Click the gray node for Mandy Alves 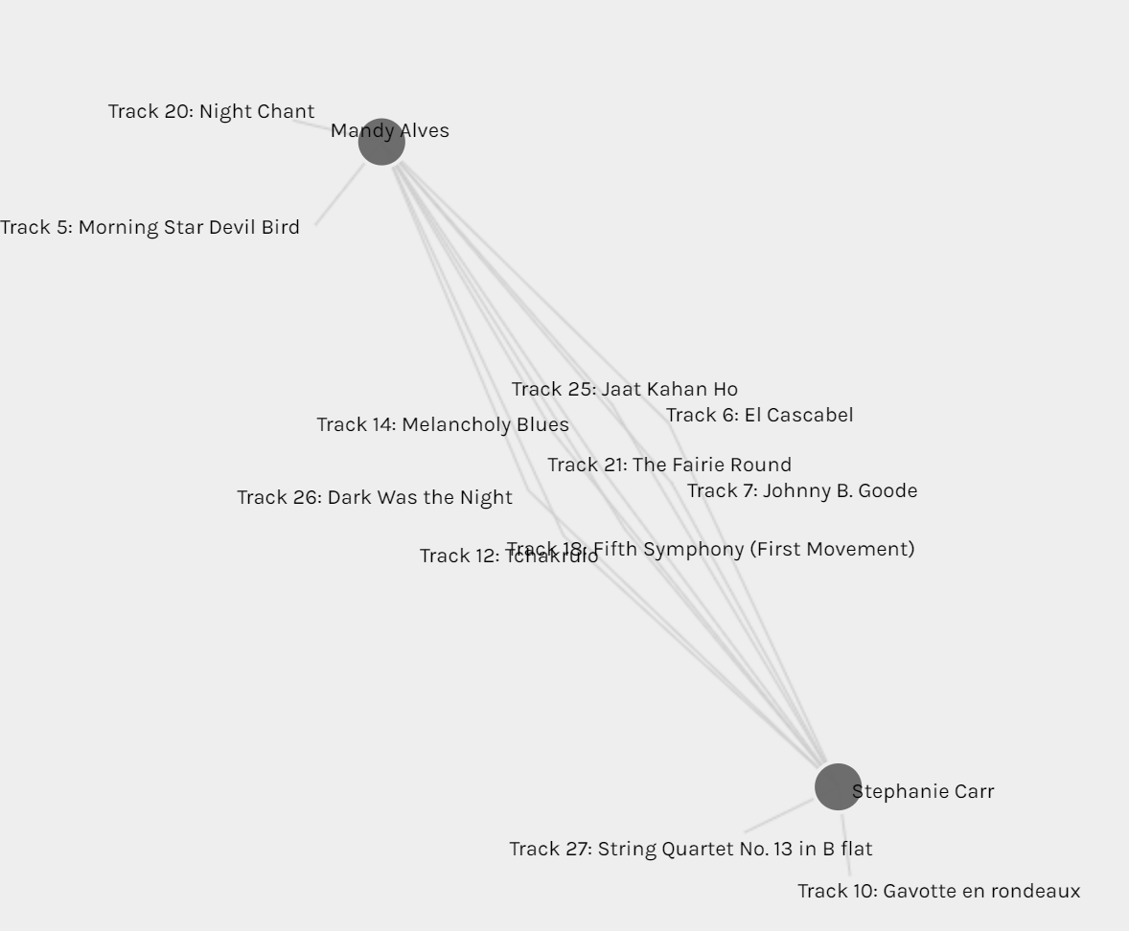coord(381,142)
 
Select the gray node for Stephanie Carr coord(838,786)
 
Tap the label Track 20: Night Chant coord(211,111)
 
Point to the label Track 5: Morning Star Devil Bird coord(150,227)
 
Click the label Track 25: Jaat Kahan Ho coord(624,389)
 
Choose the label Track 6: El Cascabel coord(759,415)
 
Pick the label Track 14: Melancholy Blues coord(443,424)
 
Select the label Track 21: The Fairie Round coord(669,465)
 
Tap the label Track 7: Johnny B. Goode coord(801,490)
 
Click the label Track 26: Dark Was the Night coord(374,497)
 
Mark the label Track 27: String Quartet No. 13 coord(690,849)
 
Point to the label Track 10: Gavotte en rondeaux coord(938,891)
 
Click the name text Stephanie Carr coord(924,791)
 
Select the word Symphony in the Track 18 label coord(696,549)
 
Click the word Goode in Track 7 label coord(887,490)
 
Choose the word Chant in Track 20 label coord(286,111)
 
